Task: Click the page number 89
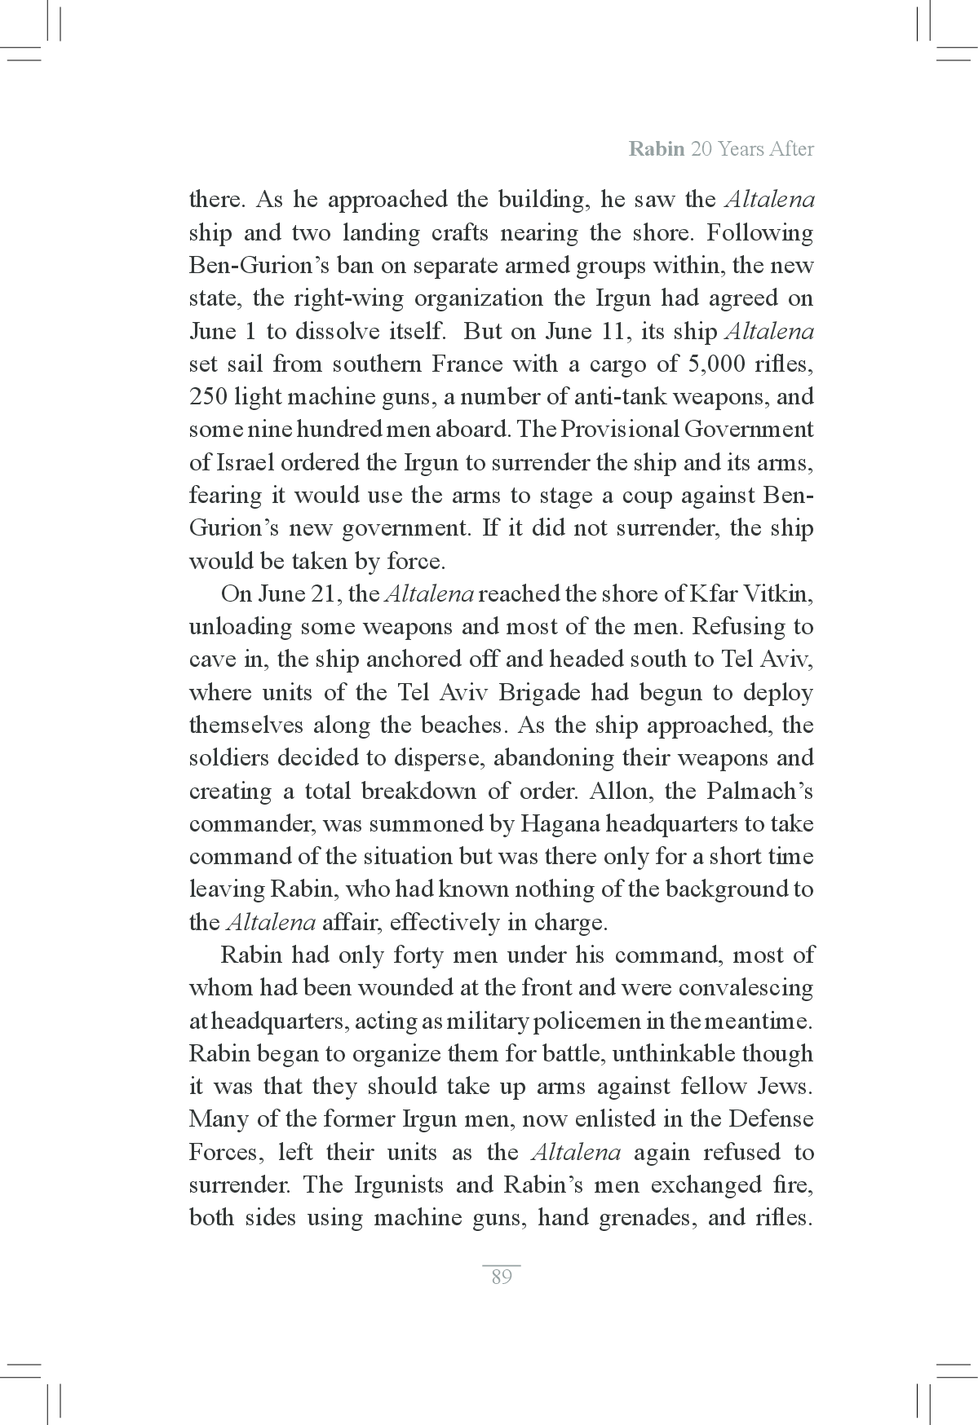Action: tap(502, 1277)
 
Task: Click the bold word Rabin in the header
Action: tap(656, 149)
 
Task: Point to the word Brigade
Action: tap(540, 692)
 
